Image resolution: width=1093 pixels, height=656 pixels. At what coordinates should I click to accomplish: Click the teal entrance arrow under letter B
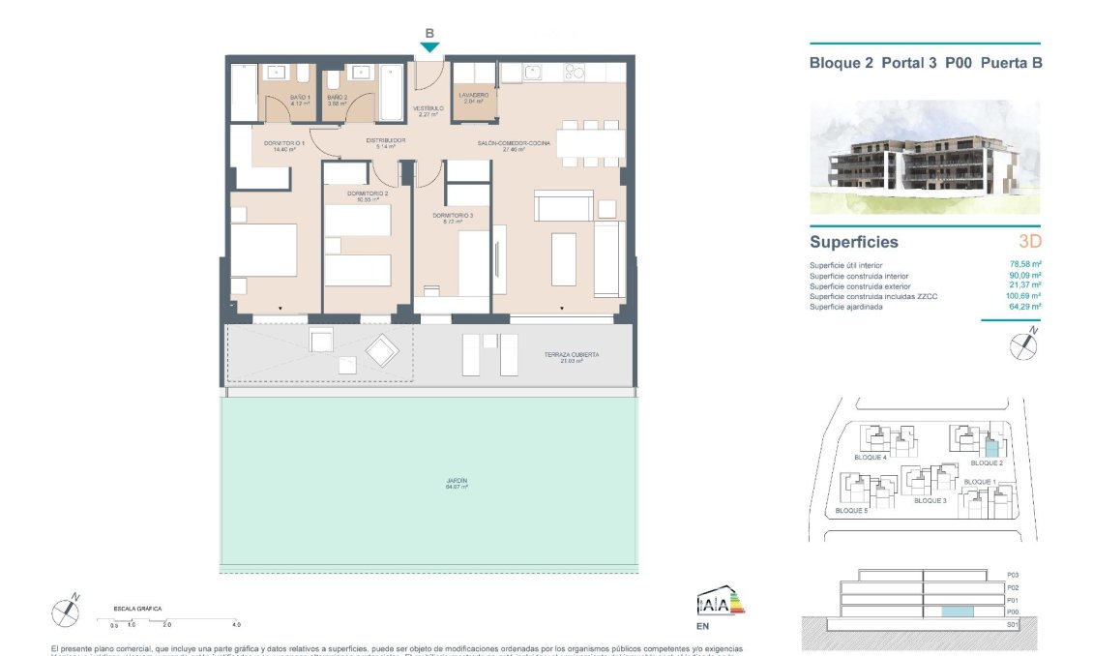429,47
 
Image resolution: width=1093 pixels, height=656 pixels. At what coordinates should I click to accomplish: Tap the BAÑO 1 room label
301,101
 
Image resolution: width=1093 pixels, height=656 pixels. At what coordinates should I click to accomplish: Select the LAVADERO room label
474,98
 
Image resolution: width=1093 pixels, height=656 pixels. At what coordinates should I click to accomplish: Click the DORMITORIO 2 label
368,196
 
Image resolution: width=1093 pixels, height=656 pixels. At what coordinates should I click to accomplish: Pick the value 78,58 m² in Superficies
1024,264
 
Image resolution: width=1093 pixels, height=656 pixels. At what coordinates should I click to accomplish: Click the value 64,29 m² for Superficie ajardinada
1024,307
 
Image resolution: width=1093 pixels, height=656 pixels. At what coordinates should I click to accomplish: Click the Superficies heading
853,242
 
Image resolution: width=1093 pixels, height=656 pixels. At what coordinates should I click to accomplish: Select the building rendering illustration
924,157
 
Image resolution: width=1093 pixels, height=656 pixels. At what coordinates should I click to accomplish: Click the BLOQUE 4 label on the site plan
871,458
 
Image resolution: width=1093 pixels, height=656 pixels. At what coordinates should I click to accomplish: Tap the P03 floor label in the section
1013,575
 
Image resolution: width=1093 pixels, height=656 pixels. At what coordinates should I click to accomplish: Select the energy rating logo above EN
721,604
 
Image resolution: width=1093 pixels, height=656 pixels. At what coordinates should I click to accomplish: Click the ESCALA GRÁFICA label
135,609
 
